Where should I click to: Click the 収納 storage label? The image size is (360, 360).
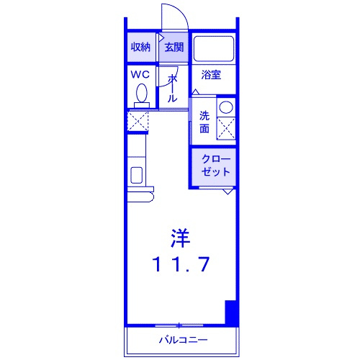tap(140, 47)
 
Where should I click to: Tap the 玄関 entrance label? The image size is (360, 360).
tap(174, 47)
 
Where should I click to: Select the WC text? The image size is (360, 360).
tap(140, 75)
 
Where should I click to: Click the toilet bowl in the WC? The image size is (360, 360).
tap(142, 93)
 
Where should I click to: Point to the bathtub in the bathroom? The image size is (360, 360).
tap(214, 49)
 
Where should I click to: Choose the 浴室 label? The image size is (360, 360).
tap(211, 75)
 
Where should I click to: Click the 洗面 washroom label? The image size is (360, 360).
tap(204, 122)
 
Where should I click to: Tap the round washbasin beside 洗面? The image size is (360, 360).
tap(226, 107)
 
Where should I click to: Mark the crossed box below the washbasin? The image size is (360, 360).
tap(226, 128)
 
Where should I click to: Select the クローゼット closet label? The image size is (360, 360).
tap(216, 166)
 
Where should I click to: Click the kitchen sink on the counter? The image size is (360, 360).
tap(136, 175)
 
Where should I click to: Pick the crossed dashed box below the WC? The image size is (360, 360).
tap(138, 122)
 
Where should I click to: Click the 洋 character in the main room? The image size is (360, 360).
tap(180, 238)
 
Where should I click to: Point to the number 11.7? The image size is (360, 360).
tap(181, 264)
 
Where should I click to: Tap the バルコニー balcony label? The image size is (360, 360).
tap(184, 340)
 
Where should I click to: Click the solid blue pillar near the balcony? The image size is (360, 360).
tap(231, 312)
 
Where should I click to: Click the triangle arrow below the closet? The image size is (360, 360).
tap(228, 192)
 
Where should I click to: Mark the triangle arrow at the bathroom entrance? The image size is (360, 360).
tap(196, 91)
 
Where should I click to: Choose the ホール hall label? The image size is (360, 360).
tap(172, 88)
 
